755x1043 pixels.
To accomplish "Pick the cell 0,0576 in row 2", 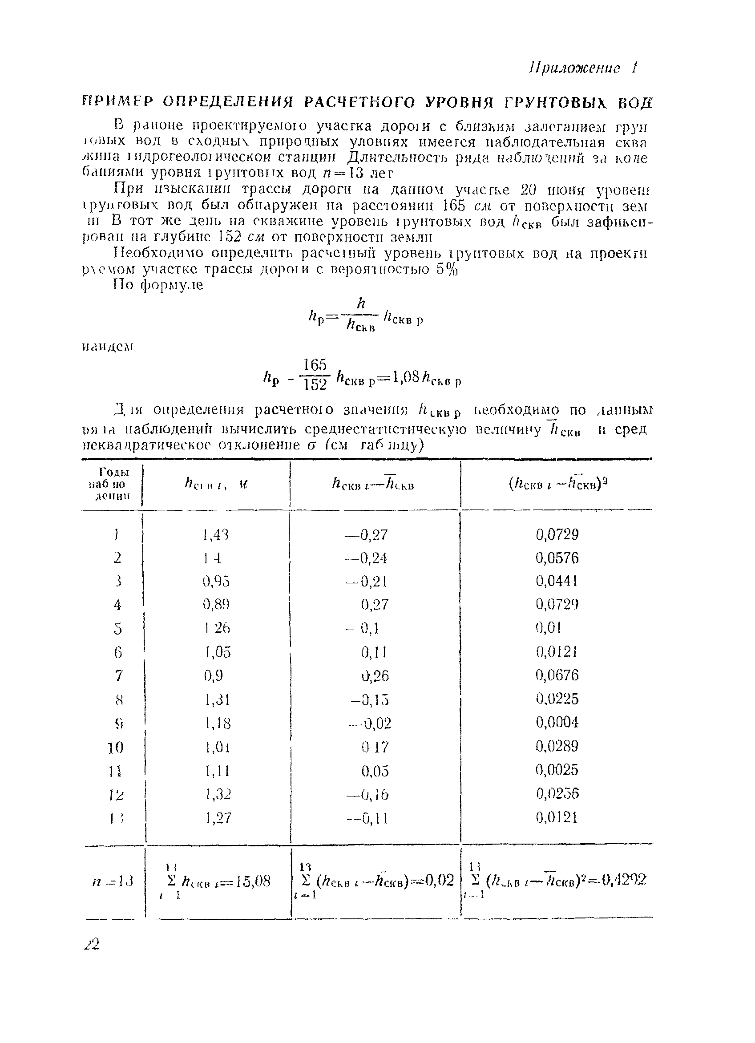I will pyautogui.click(x=557, y=558).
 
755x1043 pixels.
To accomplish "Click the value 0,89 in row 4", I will pyautogui.click(x=216, y=604).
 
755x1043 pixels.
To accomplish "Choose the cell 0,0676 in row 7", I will pyautogui.click(x=557, y=675).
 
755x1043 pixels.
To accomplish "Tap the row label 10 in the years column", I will pyautogui.click(x=116, y=747).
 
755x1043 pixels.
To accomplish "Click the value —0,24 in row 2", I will pyautogui.click(x=367, y=558).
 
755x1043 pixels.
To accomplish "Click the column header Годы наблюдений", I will pyautogui.click(x=113, y=484).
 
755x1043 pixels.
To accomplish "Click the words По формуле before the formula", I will pyautogui.click(x=159, y=285).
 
